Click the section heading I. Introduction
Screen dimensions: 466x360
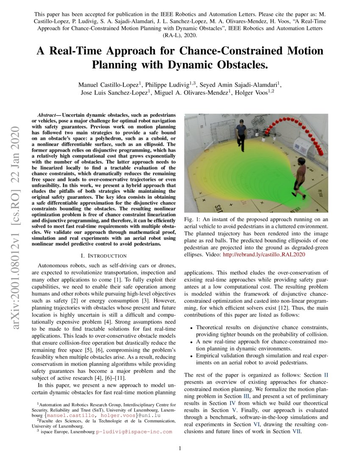tap(104, 256)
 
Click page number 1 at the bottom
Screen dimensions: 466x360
tap(180, 449)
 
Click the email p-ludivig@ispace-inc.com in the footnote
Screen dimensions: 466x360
tap(134, 432)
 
